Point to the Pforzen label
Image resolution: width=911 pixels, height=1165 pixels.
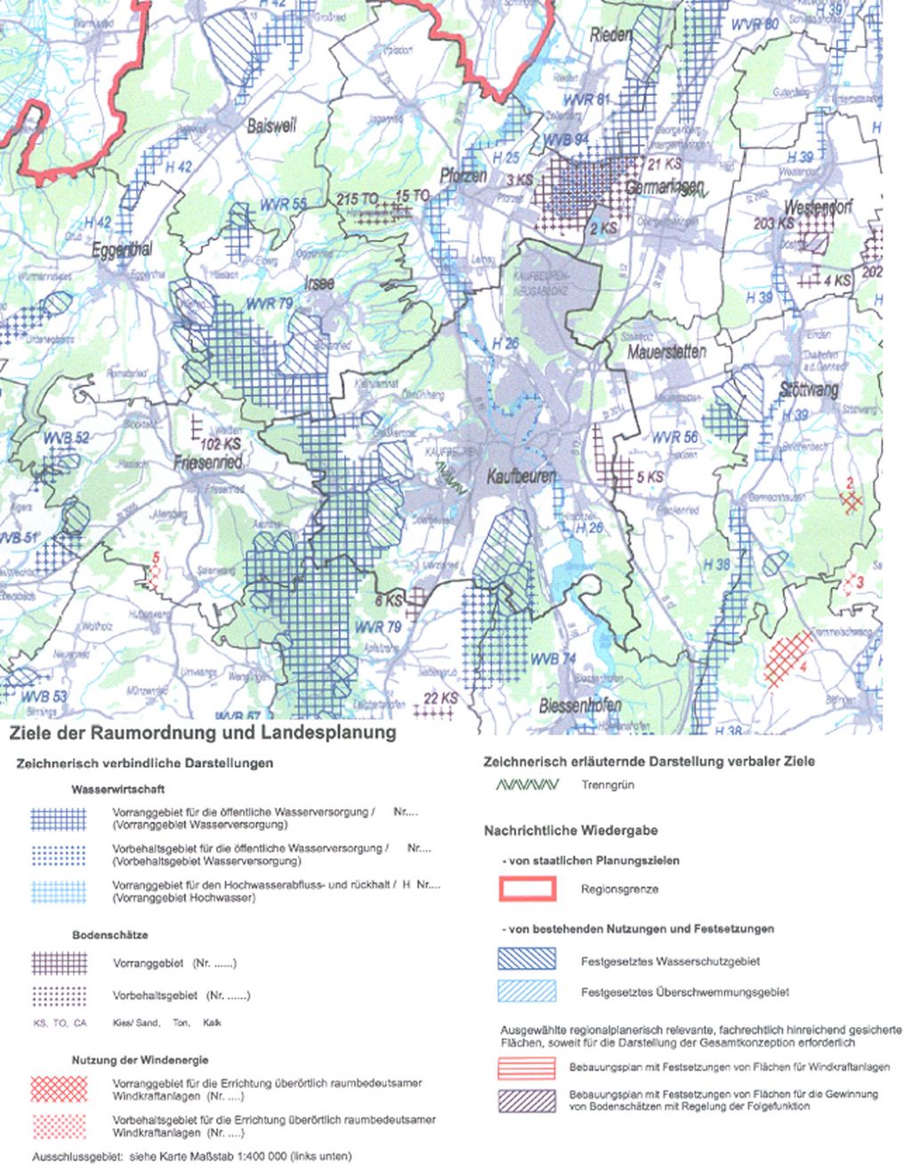(463, 175)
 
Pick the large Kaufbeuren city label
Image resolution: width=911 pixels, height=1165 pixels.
(520, 478)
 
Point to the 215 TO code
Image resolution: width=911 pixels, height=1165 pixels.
(358, 199)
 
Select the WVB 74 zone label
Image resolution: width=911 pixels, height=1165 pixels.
(552, 659)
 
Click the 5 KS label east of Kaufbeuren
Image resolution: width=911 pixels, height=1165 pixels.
(650, 478)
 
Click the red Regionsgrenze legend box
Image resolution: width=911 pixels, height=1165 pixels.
(527, 888)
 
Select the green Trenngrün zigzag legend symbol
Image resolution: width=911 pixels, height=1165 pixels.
(527, 785)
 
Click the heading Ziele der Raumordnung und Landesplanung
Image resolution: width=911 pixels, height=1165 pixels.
(202, 733)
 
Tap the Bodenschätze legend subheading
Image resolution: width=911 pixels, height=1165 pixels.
(109, 936)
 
